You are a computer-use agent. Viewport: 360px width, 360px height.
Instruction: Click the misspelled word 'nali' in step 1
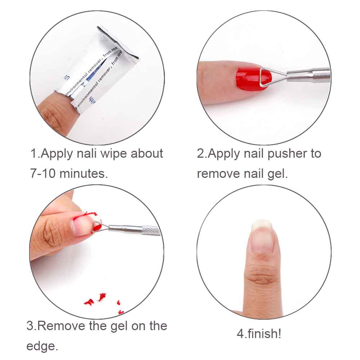coord(88,154)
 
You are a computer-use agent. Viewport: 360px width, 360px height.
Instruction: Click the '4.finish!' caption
coord(258,333)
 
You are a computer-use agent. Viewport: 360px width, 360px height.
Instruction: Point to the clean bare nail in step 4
coord(262,238)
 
